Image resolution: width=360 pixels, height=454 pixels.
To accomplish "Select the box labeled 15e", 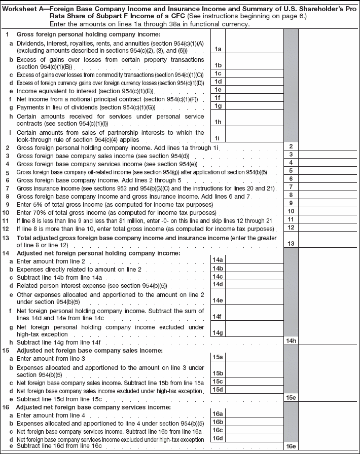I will click(x=291, y=398).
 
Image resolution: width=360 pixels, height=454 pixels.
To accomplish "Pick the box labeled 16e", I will click(x=291, y=446).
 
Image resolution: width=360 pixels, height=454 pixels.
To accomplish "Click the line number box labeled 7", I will click(x=291, y=187).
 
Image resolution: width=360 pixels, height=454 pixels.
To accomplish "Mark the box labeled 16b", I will click(x=218, y=422).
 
